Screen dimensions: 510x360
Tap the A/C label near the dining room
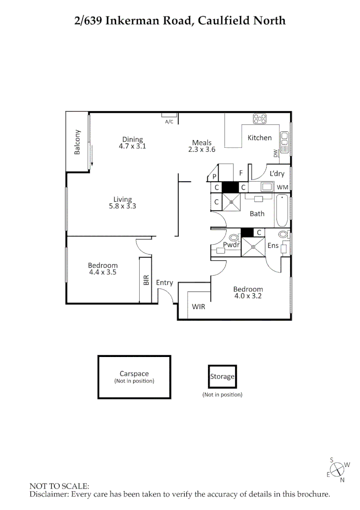point(169,122)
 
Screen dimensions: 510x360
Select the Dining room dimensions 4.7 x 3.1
point(132,146)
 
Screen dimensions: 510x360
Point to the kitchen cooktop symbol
point(260,119)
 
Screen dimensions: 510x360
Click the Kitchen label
point(260,138)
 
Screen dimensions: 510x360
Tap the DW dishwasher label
point(276,153)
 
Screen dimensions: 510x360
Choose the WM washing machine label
point(282,187)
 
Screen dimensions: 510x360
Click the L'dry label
point(277,174)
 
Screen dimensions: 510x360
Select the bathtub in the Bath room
point(282,211)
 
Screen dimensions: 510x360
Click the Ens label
point(273,246)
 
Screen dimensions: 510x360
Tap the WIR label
point(198,306)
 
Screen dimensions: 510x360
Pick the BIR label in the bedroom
point(146,280)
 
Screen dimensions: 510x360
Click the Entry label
point(164,283)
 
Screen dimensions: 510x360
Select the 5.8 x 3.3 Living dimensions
point(122,206)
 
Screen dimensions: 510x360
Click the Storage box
point(222,377)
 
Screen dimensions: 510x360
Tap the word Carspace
point(134,374)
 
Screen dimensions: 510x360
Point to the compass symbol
point(338,469)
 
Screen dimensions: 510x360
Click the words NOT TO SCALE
point(59,485)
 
